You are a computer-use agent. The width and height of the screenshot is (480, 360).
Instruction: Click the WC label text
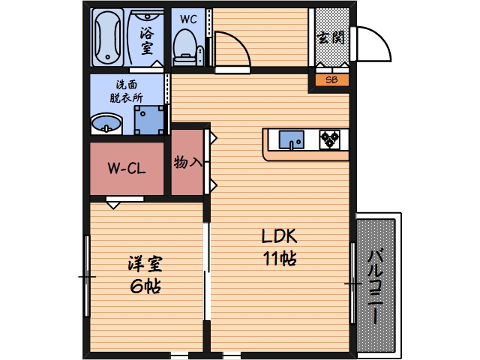click(188, 19)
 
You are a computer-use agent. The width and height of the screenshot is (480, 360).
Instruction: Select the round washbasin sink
click(106, 124)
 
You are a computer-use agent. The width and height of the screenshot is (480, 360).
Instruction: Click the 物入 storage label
click(187, 162)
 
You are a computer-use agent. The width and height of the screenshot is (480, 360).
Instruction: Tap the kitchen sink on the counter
click(291, 139)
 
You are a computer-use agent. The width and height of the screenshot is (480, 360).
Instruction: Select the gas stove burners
click(330, 139)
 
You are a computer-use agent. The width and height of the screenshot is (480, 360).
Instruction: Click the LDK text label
click(280, 236)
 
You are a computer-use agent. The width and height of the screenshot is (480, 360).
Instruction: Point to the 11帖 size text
click(279, 259)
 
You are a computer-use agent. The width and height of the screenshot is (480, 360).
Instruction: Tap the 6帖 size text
click(144, 286)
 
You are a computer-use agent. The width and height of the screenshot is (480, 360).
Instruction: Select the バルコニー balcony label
click(376, 285)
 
